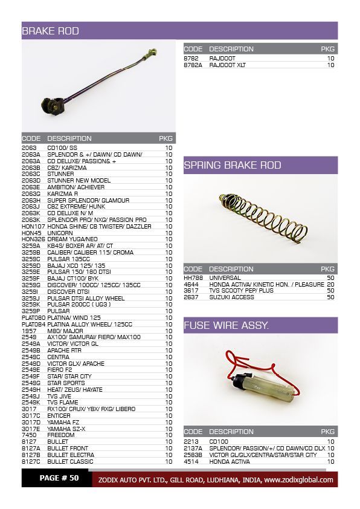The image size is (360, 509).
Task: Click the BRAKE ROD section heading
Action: pos(51,31)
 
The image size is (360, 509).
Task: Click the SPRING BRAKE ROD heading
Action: pos(233,165)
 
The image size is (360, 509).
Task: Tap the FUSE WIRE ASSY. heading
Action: pos(227,326)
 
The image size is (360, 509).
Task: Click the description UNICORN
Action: pos(60,232)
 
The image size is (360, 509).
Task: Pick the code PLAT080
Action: pos(33,317)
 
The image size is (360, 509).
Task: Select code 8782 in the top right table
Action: pos(191,58)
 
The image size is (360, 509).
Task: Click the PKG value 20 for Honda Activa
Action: pos(330,284)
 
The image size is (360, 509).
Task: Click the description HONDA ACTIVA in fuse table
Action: pos(231,461)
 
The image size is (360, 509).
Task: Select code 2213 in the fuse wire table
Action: pos(191,441)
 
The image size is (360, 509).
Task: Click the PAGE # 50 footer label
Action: pos(59,478)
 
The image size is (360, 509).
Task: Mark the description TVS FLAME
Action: pos(62,402)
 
